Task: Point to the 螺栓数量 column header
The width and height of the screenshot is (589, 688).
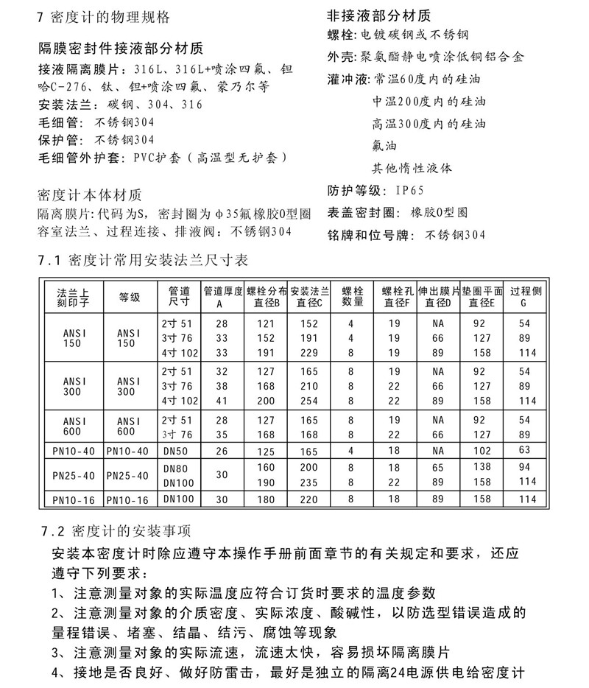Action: pos(353,296)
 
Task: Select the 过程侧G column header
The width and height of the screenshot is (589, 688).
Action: pos(523,296)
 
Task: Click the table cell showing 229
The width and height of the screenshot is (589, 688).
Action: pos(309,353)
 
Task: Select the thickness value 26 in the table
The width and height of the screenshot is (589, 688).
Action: pos(222,451)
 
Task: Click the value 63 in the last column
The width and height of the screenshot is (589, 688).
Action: pos(525,451)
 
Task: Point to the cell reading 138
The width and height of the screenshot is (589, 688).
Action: pos(481,467)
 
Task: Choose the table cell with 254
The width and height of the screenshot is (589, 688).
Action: pos(309,401)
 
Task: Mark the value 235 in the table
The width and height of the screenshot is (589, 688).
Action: pos(309,482)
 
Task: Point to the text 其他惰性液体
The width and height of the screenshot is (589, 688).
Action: pos(412,168)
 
